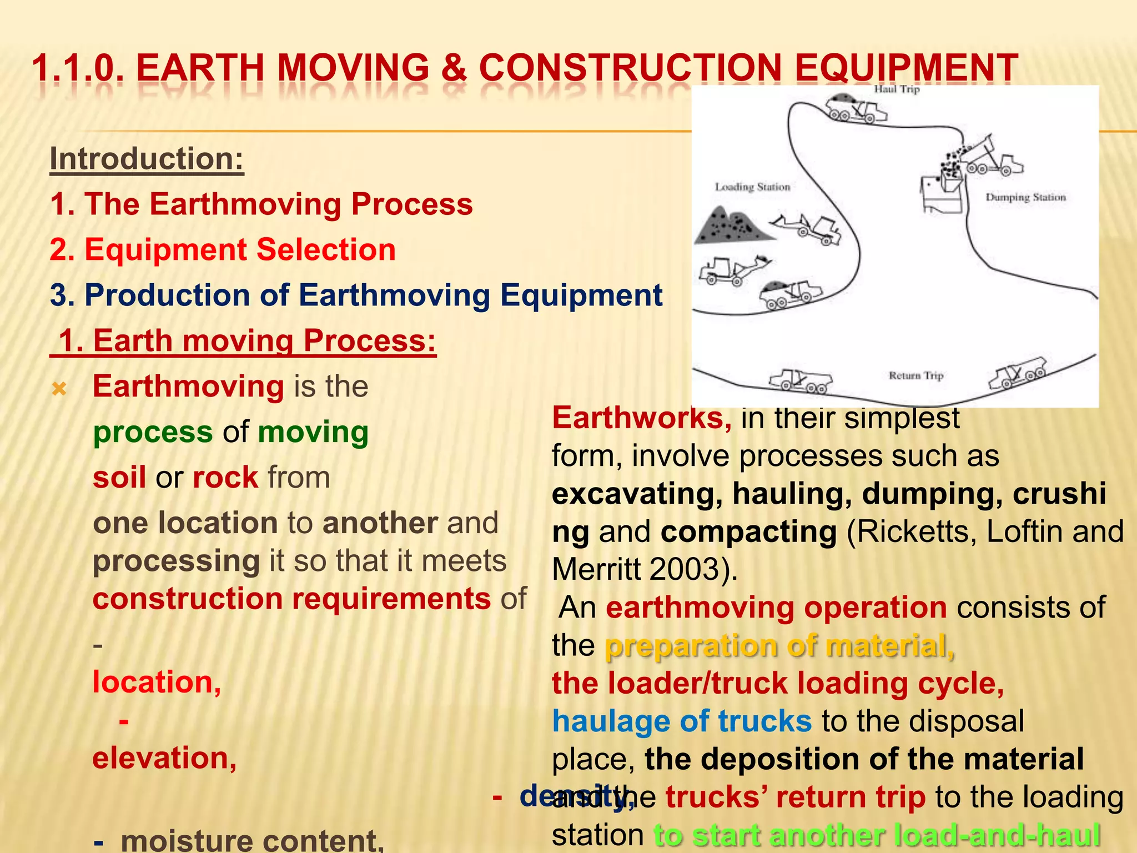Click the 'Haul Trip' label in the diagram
click(897, 89)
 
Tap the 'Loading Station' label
click(752, 187)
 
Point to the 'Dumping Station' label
click(1025, 197)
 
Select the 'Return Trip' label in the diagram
click(915, 376)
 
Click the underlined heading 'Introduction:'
click(147, 159)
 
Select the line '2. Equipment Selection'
click(223, 249)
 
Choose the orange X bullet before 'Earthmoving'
click(59, 389)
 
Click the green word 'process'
click(153, 432)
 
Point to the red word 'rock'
click(225, 478)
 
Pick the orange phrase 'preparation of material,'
click(779, 646)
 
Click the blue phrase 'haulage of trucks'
click(682, 721)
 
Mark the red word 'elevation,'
click(164, 758)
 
